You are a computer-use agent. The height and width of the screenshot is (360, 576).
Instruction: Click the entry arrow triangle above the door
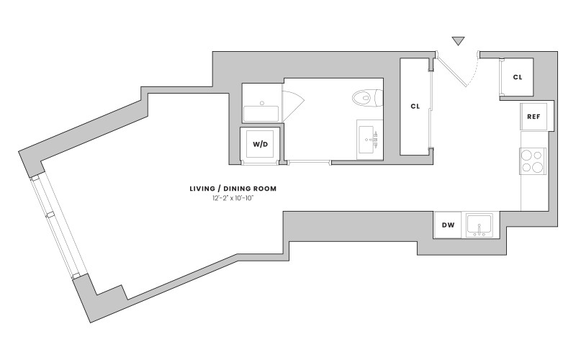[458, 41]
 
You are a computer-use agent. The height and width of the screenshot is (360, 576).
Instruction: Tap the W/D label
[260, 145]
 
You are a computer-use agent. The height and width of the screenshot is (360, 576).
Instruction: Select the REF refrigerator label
[534, 117]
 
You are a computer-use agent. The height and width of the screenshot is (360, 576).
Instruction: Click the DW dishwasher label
[448, 225]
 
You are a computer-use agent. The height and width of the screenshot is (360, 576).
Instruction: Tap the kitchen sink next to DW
[480, 225]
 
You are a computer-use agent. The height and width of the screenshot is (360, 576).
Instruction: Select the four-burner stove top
[533, 161]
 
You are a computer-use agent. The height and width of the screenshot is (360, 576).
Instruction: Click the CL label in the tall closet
[415, 107]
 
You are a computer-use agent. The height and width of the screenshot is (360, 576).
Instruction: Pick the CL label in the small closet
[518, 77]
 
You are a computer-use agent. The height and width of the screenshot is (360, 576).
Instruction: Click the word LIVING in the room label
[202, 189]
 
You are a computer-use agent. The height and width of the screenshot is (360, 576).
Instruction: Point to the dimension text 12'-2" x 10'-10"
[233, 199]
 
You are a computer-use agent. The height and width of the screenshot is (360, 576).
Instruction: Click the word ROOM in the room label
[267, 189]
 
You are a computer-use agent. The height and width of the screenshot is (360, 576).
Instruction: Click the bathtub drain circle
[262, 103]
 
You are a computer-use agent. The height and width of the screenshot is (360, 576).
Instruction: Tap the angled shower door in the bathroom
[293, 105]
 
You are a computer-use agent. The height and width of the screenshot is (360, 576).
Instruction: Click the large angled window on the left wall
[59, 226]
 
